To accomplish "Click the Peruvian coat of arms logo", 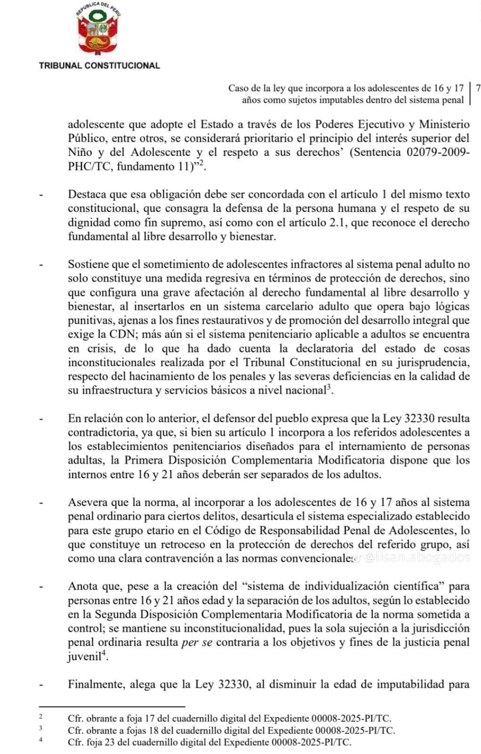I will click(99, 31).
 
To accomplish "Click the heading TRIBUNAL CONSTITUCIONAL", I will click(99, 66).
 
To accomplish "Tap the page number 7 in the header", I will click(478, 88).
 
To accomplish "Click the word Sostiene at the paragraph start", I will click(89, 264).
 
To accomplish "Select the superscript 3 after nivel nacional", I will click(329, 387).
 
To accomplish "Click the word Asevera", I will click(87, 502).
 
